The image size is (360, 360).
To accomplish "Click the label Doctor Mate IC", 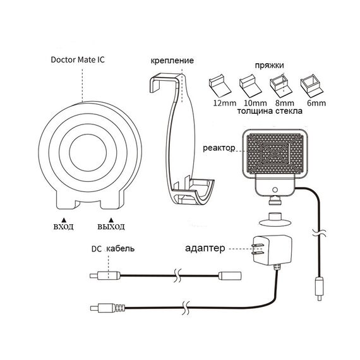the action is (78, 60).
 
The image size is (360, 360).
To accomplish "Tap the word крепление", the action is (172, 61).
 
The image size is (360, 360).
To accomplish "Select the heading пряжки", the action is (270, 66).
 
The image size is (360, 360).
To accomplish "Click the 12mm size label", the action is (225, 103).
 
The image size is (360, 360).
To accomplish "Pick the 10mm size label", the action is (255, 103).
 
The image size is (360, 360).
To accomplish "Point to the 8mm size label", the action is (284, 103).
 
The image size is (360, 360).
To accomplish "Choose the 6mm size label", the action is (316, 103).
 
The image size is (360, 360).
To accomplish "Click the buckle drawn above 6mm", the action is (310, 85).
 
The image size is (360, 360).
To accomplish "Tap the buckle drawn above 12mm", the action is (220, 86).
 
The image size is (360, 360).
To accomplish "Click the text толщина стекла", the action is (270, 111).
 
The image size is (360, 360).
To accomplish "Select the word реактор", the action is (219, 148).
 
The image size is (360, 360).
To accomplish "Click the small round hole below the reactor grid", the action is (275, 190).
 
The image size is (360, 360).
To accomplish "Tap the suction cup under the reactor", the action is (275, 220).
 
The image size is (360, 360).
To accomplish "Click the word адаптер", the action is (205, 248).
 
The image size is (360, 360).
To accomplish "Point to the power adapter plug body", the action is (272, 250).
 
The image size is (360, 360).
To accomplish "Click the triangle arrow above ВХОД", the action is (64, 220).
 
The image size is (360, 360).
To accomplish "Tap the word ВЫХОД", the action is (111, 227).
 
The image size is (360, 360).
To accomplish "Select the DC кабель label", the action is (113, 249).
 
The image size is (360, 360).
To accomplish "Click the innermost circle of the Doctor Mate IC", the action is (88, 153).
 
